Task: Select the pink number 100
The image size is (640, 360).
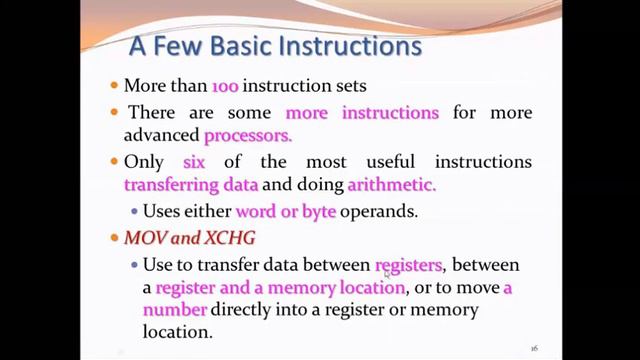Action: (x=225, y=87)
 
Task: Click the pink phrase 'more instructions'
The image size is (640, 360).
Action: (x=362, y=112)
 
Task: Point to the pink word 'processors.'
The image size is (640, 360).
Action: (x=248, y=135)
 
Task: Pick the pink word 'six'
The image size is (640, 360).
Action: (x=194, y=162)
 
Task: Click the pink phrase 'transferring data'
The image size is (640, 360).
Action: (x=191, y=185)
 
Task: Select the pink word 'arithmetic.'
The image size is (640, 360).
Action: (x=392, y=185)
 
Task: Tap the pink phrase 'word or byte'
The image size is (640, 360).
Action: (x=286, y=212)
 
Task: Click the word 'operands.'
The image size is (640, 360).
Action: (x=376, y=212)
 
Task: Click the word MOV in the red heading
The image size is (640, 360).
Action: (x=141, y=238)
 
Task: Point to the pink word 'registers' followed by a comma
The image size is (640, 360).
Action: (x=408, y=265)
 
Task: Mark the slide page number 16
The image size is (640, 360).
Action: (x=534, y=347)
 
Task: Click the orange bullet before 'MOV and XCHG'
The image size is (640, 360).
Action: (x=114, y=239)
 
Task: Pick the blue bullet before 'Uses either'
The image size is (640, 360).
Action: (x=134, y=212)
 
